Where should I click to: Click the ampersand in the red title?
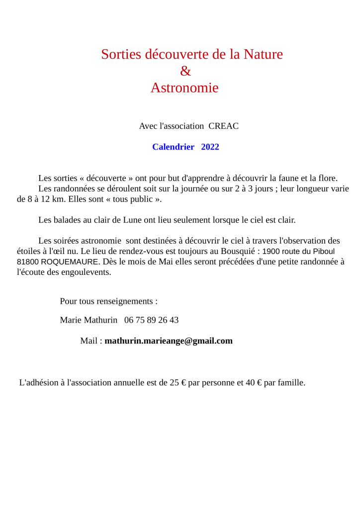click(x=185, y=72)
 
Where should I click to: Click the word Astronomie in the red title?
click(x=184, y=88)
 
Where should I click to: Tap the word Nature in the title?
click(x=263, y=54)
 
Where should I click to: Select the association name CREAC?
click(x=223, y=126)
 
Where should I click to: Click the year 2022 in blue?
click(x=210, y=147)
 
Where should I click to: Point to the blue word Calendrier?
click(x=173, y=147)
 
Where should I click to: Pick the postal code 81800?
click(x=27, y=261)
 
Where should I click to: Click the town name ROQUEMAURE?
click(x=70, y=261)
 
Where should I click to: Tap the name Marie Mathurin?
click(x=89, y=320)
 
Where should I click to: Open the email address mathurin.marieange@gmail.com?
click(x=169, y=341)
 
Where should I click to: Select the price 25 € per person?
click(x=178, y=383)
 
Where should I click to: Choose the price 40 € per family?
click(x=254, y=383)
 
